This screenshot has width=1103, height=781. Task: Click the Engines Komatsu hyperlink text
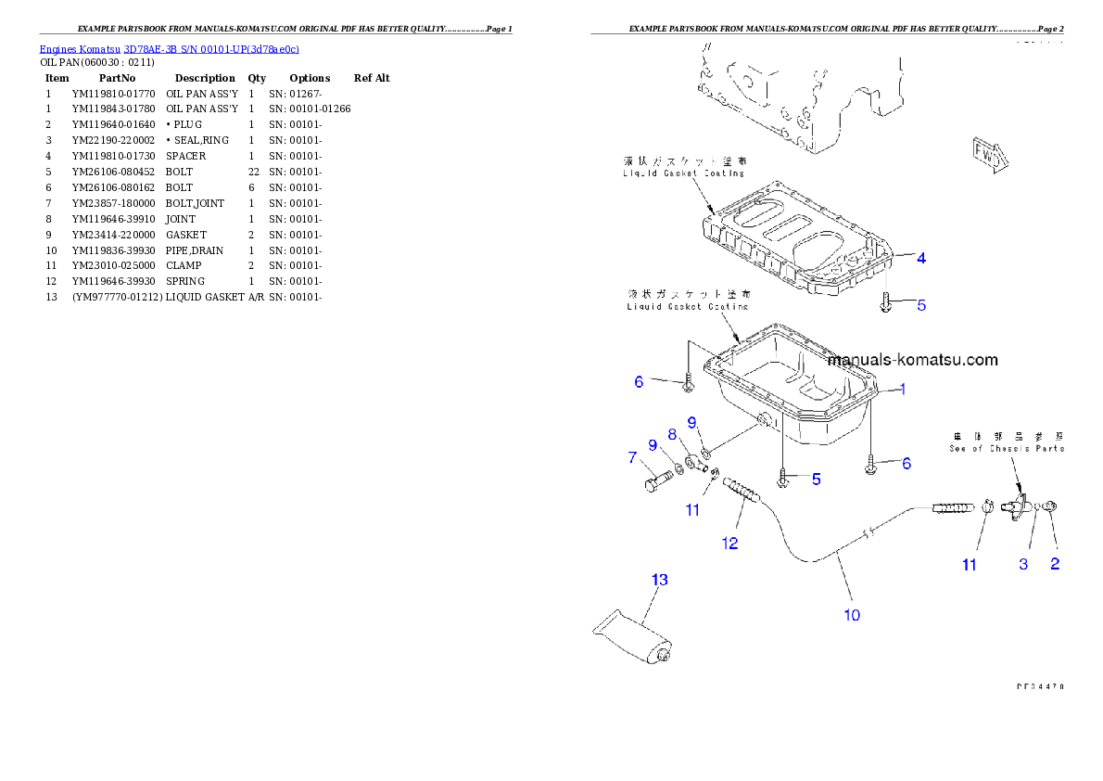click(x=168, y=49)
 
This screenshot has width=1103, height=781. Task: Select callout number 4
click(x=920, y=259)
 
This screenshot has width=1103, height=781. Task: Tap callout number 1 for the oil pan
click(x=903, y=390)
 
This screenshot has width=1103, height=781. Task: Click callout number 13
click(x=659, y=580)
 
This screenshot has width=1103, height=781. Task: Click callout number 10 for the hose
click(x=852, y=613)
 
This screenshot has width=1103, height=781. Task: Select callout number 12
click(x=729, y=543)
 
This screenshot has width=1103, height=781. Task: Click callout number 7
click(x=632, y=456)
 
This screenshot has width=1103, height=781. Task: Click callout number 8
click(x=672, y=433)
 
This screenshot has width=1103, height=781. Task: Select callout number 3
click(x=1023, y=564)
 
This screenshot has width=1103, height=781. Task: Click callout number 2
click(x=1054, y=564)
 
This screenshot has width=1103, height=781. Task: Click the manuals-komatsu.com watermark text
click(x=912, y=360)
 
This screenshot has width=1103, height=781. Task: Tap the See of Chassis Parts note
click(x=1007, y=442)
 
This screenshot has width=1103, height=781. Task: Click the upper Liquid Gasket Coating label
click(x=684, y=167)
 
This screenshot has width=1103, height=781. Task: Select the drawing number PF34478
click(x=1038, y=687)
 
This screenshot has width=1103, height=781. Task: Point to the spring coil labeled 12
click(x=742, y=492)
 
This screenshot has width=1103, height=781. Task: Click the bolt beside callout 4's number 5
click(x=885, y=303)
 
